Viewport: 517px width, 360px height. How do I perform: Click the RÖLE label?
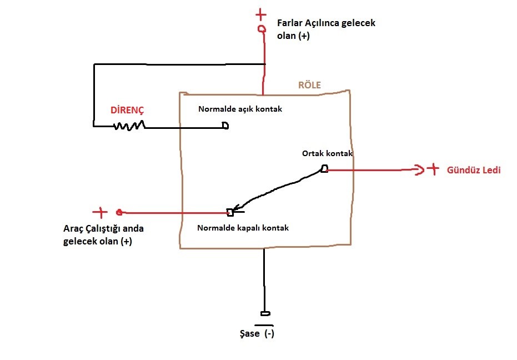click(x=309, y=86)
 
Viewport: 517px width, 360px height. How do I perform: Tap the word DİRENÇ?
click(x=127, y=110)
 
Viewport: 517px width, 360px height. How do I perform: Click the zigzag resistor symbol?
click(x=129, y=126)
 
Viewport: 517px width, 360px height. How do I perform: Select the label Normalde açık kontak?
click(x=240, y=109)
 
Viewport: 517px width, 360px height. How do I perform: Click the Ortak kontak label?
click(x=328, y=153)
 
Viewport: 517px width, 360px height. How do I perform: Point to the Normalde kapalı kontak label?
click(x=243, y=228)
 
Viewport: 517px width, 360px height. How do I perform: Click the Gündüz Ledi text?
click(x=474, y=170)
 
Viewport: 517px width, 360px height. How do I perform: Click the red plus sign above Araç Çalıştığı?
click(x=100, y=212)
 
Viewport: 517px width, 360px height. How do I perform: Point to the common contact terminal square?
click(x=324, y=169)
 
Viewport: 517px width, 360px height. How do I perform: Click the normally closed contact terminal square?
click(x=230, y=212)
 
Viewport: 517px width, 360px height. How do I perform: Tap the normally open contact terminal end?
click(x=225, y=126)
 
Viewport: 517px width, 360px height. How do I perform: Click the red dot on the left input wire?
click(x=119, y=212)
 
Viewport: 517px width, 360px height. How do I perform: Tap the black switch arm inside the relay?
click(x=278, y=188)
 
